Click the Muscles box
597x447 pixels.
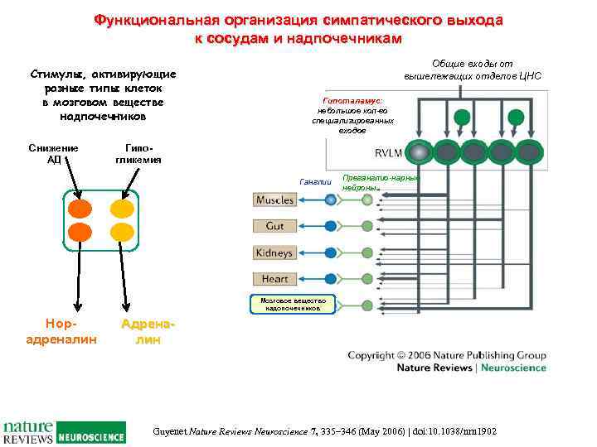(x=275, y=200)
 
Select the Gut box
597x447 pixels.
(x=275, y=226)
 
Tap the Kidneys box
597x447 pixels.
(x=275, y=252)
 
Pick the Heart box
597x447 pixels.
(x=275, y=279)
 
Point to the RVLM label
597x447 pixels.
(x=389, y=153)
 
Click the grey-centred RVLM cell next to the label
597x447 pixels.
(x=422, y=153)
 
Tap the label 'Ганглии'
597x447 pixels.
(x=314, y=182)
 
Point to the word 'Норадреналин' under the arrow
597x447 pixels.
(x=62, y=332)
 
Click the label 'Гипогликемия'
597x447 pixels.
(x=138, y=154)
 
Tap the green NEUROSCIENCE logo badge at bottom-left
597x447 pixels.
(x=90, y=433)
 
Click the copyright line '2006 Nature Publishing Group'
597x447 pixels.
(x=447, y=356)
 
